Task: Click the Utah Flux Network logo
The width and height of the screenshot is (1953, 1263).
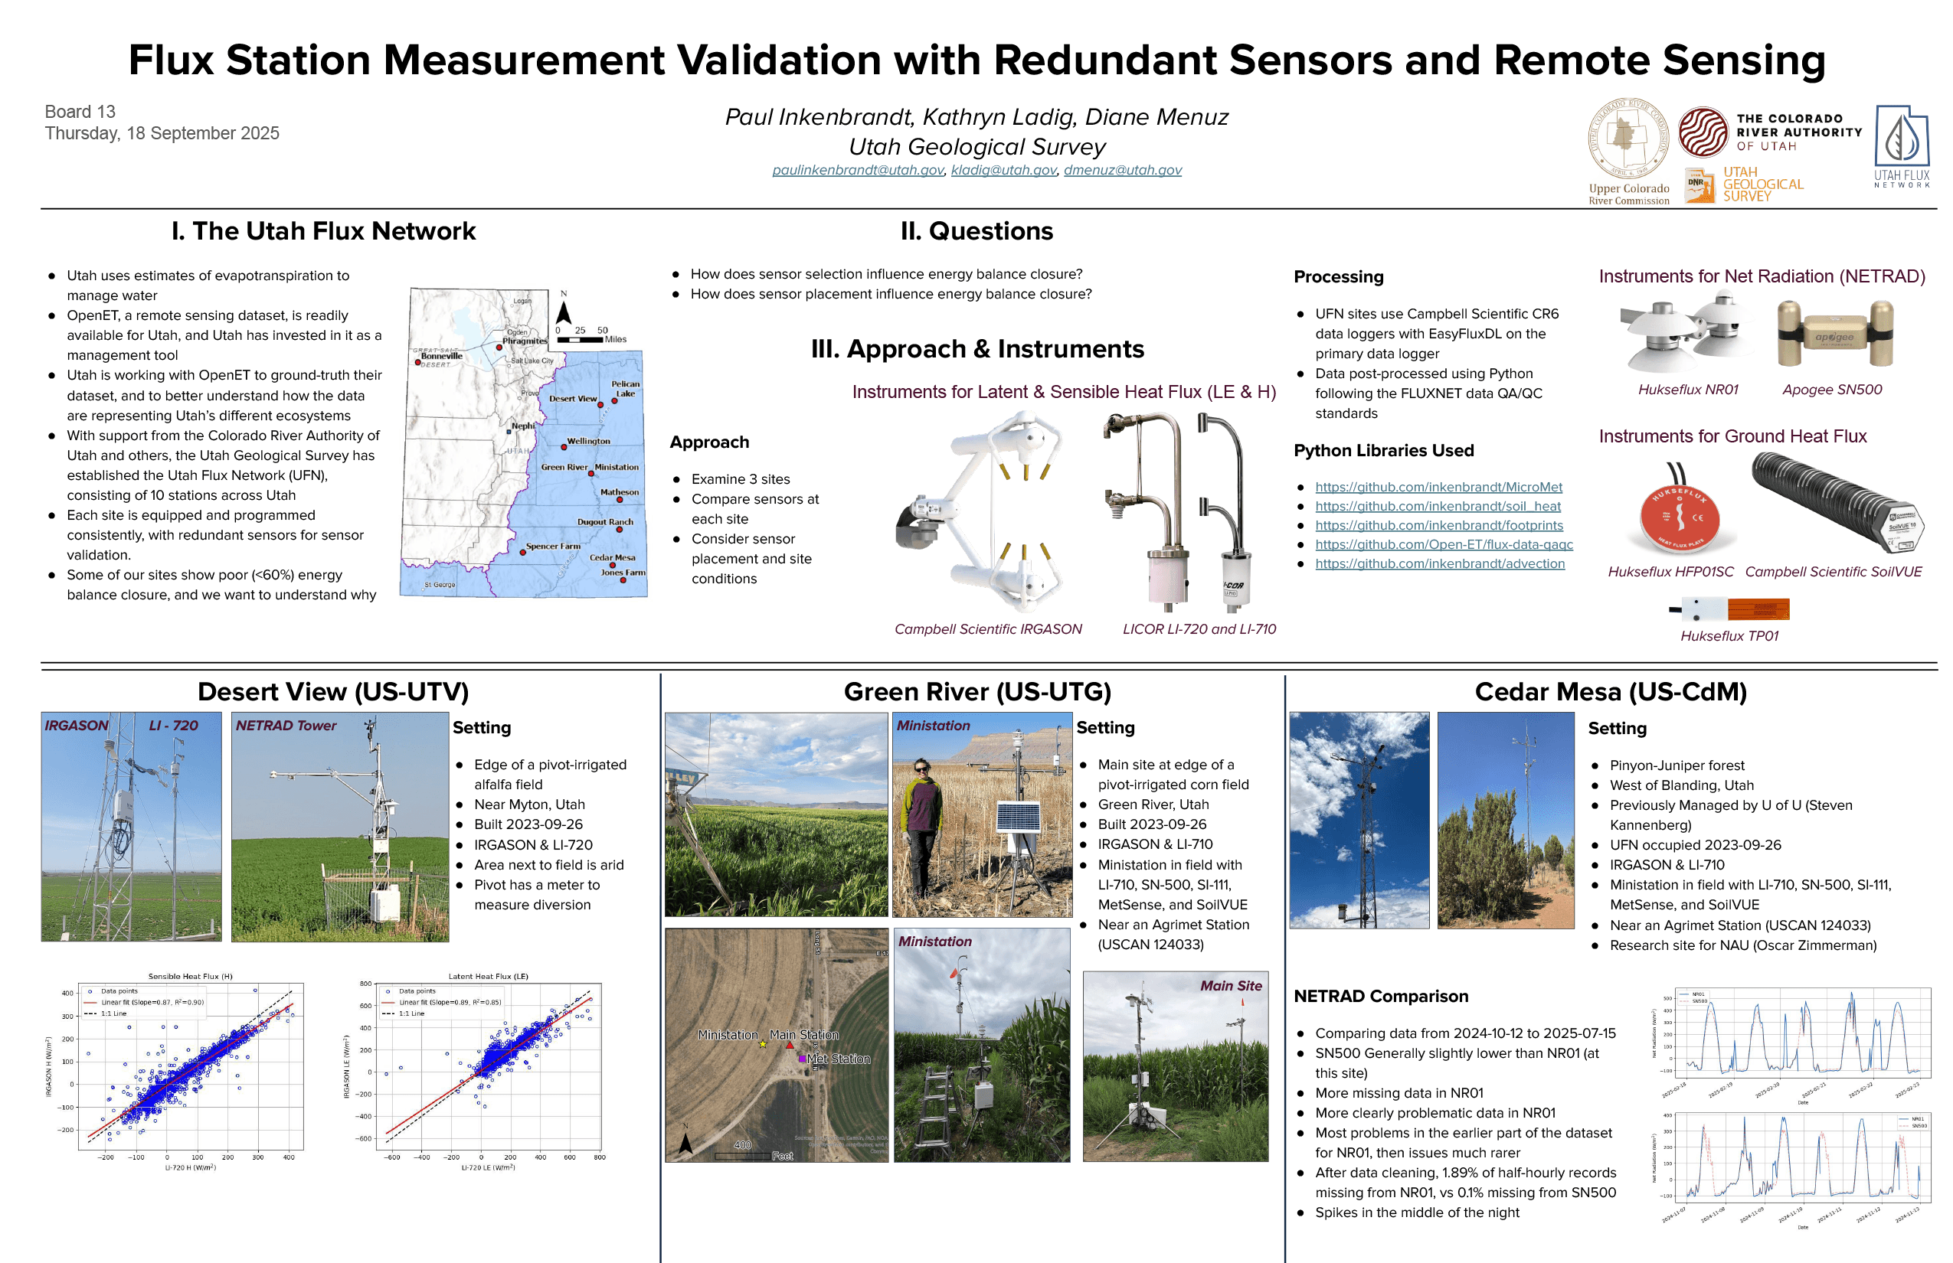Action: pyautogui.click(x=1900, y=146)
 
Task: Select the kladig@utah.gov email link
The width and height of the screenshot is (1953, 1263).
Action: pyautogui.click(x=1003, y=170)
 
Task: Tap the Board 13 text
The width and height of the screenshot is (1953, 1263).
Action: pyautogui.click(x=80, y=112)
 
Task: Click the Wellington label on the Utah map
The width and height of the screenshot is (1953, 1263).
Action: pyautogui.click(x=588, y=440)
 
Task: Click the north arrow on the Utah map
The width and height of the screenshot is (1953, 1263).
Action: pyautogui.click(x=564, y=312)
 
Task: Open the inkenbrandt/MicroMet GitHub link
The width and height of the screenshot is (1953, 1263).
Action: pyautogui.click(x=1438, y=487)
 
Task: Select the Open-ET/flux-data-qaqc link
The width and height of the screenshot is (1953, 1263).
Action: pyautogui.click(x=1444, y=544)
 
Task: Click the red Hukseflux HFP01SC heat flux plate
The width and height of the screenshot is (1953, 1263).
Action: pyautogui.click(x=1679, y=519)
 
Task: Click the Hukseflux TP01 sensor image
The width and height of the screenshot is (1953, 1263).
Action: pyautogui.click(x=1730, y=609)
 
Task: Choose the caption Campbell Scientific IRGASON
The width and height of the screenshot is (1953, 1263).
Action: pyautogui.click(x=987, y=629)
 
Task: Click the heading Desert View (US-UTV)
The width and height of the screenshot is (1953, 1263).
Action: pyautogui.click(x=333, y=692)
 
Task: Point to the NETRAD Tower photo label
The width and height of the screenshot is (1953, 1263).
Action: pyautogui.click(x=286, y=726)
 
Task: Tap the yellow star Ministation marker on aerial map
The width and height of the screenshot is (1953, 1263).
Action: pyautogui.click(x=762, y=1044)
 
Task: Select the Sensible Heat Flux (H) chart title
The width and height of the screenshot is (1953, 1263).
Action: pyautogui.click(x=191, y=976)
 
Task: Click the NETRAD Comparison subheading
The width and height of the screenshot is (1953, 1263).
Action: pyautogui.click(x=1380, y=997)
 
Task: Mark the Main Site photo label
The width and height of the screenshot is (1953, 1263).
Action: pyautogui.click(x=1230, y=986)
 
